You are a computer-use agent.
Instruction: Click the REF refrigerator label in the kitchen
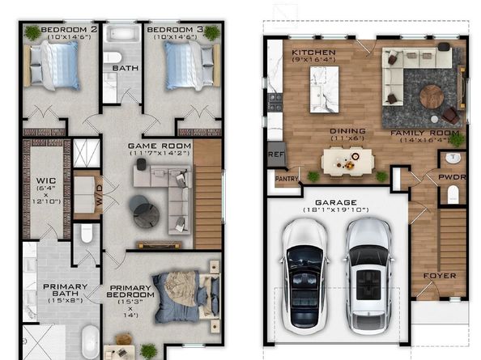tap(276, 155)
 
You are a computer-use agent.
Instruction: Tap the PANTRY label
tap(287, 179)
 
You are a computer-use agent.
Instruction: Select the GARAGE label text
tap(336, 202)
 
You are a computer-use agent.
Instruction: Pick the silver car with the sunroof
tap(368, 276)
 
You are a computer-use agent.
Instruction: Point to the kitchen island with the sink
tap(324, 89)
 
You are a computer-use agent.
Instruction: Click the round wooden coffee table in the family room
tap(432, 96)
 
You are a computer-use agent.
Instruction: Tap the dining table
tap(347, 162)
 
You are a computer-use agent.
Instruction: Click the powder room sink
tap(453, 158)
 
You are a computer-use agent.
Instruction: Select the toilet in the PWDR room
tap(453, 194)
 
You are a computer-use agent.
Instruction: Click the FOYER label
tap(440, 276)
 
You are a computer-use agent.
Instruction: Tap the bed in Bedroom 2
tap(52, 66)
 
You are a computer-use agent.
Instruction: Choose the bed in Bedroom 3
tap(192, 66)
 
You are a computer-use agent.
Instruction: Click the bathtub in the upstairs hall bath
tap(122, 33)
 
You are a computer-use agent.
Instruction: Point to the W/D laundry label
tap(100, 194)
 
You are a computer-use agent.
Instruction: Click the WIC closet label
tap(46, 180)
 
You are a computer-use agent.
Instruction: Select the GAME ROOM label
tap(160, 146)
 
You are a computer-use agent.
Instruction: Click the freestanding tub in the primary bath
tap(90, 342)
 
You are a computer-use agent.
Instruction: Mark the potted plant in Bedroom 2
tap(32, 33)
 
